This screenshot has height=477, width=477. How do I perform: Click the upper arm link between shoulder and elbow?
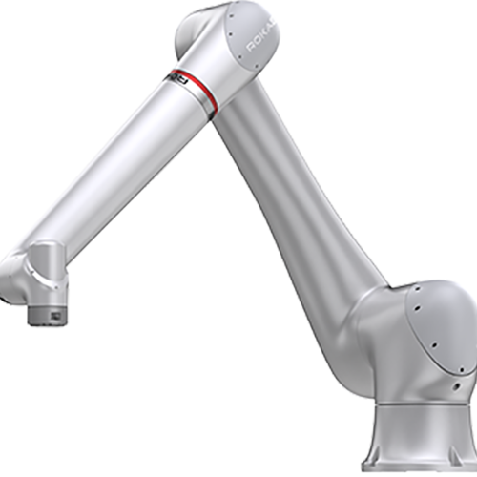point(296,191)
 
